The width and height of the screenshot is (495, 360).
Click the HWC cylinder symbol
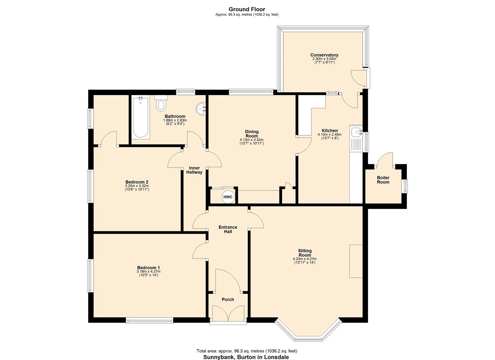point(228,197)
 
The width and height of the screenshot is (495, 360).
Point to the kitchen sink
point(357,132)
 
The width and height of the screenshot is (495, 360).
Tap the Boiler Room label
point(383,180)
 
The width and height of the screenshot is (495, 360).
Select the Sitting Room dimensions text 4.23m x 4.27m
point(304,259)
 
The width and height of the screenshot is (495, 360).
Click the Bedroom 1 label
point(148,267)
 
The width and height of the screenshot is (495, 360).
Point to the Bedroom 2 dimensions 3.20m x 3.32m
point(137,186)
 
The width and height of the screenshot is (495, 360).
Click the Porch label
point(228,299)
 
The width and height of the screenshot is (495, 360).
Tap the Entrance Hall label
point(228,229)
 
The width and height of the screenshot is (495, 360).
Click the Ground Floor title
point(247,9)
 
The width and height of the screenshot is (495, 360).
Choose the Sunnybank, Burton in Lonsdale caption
point(246,357)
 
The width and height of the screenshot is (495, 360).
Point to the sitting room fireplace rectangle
point(356,261)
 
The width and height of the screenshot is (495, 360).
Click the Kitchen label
point(329,130)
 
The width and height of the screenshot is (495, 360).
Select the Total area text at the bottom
point(247,351)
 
